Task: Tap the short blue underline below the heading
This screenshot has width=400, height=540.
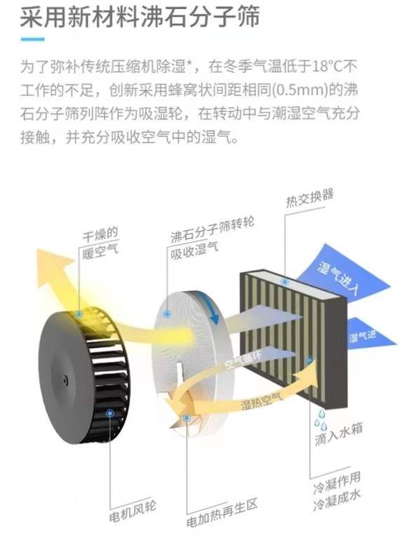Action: click(33, 39)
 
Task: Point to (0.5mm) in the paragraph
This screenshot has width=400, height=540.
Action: click(300, 90)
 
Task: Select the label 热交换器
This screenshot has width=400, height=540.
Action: click(309, 198)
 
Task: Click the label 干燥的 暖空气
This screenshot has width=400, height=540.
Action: click(100, 243)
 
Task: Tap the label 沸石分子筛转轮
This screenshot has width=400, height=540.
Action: click(212, 229)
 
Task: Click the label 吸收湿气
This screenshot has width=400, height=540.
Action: click(194, 250)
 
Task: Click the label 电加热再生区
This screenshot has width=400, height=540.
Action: click(222, 513)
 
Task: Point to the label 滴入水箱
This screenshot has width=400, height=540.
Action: click(339, 434)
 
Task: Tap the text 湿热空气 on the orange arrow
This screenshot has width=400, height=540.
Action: click(261, 400)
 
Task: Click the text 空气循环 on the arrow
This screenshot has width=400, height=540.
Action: click(244, 360)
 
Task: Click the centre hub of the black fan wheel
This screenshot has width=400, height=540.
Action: click(64, 379)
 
